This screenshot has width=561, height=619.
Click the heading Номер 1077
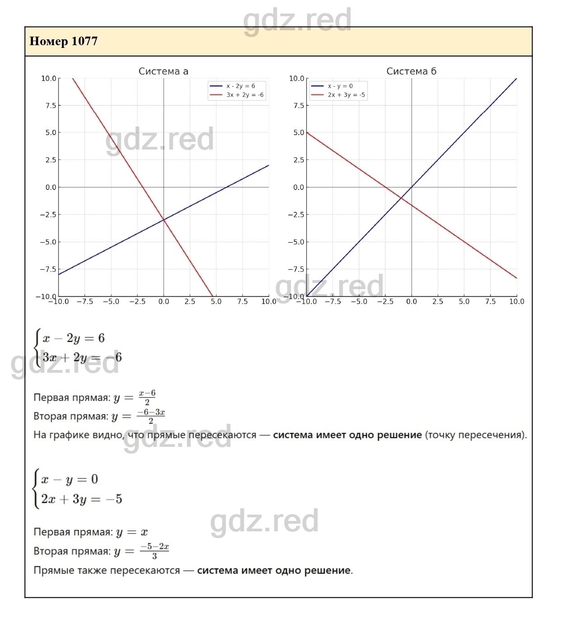(x=64, y=41)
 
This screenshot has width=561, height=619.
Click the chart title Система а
(x=163, y=71)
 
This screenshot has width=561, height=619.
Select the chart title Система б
(x=411, y=71)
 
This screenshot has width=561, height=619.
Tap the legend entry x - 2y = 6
(x=240, y=86)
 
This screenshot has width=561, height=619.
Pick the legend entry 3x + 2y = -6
(x=245, y=95)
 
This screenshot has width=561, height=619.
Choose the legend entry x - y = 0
(x=340, y=86)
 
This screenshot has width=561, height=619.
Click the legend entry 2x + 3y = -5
(x=346, y=95)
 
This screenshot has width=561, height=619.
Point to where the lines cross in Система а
(x=164, y=220)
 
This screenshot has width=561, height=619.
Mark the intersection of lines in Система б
(x=401, y=198)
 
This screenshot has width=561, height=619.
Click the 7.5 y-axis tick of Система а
(x=51, y=105)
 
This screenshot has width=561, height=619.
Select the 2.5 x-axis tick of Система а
(x=190, y=301)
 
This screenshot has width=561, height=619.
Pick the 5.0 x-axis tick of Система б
(x=464, y=301)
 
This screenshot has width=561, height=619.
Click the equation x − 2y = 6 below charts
(x=74, y=338)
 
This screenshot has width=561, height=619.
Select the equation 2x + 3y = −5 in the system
(x=82, y=499)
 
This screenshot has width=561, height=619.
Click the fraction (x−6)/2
(x=147, y=397)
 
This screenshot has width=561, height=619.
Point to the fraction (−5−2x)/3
(x=154, y=551)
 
